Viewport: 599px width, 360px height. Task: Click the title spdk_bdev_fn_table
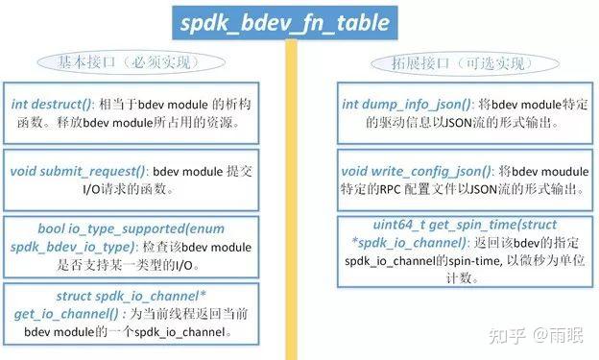coord(286,21)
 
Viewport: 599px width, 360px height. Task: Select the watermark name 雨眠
coord(565,335)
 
